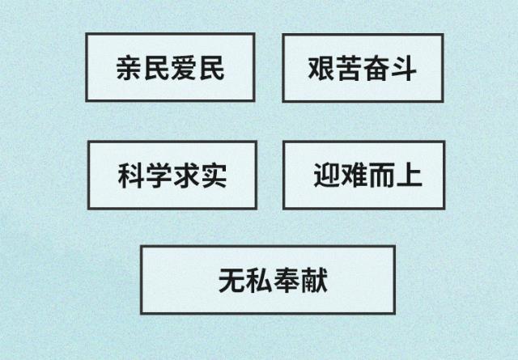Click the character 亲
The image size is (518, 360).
pyautogui.click(x=129, y=68)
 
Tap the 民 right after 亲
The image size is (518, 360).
pyautogui.click(x=157, y=68)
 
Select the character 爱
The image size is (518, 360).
pyautogui.click(x=185, y=68)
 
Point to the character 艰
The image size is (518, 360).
pyautogui.click(x=321, y=69)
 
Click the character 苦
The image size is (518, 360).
pyautogui.click(x=348, y=69)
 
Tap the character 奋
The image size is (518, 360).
pyautogui.click(x=376, y=69)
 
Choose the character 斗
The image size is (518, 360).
pyautogui.click(x=403, y=69)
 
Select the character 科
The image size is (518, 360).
pyautogui.click(x=131, y=176)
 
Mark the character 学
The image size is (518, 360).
pyautogui.click(x=159, y=176)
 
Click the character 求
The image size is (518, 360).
pyautogui.click(x=186, y=176)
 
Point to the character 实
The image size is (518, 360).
pyautogui.click(x=214, y=176)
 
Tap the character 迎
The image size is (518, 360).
pyautogui.click(x=326, y=175)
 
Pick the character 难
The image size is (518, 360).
pyautogui.click(x=354, y=175)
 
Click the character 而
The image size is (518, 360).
pyautogui.click(x=381, y=175)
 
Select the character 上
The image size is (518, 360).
pyautogui.click(x=410, y=175)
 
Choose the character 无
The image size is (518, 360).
pyautogui.click(x=231, y=281)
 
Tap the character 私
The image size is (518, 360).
pyautogui.click(x=259, y=281)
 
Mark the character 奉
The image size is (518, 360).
pyautogui.click(x=287, y=281)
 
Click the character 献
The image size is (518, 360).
pyautogui.click(x=314, y=281)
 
